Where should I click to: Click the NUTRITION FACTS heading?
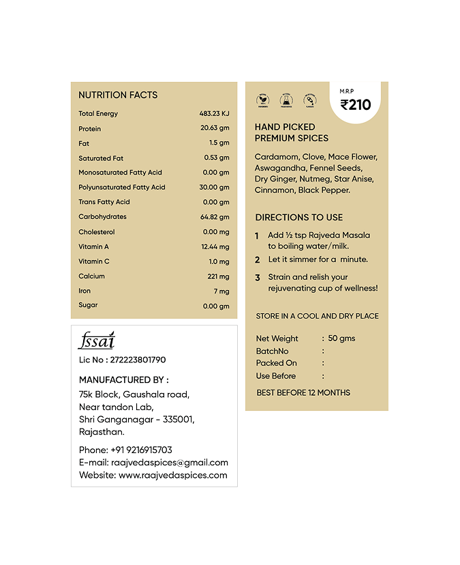[118, 95]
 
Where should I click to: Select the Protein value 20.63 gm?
[215, 128]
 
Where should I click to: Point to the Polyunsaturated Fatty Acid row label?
[121, 187]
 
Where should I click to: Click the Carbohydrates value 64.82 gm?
[215, 217]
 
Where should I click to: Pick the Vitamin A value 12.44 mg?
[215, 246]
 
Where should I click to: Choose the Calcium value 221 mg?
[218, 276]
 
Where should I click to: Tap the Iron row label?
[85, 291]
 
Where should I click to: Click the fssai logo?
[96, 341]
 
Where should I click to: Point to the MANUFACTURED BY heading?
[123, 379]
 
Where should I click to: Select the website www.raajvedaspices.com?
[172, 475]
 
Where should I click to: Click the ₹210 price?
[356, 105]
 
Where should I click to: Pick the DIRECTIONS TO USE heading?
[298, 217]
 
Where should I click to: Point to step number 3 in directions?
[258, 278]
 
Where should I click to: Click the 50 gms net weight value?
[341, 338]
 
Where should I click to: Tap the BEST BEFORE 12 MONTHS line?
[303, 392]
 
